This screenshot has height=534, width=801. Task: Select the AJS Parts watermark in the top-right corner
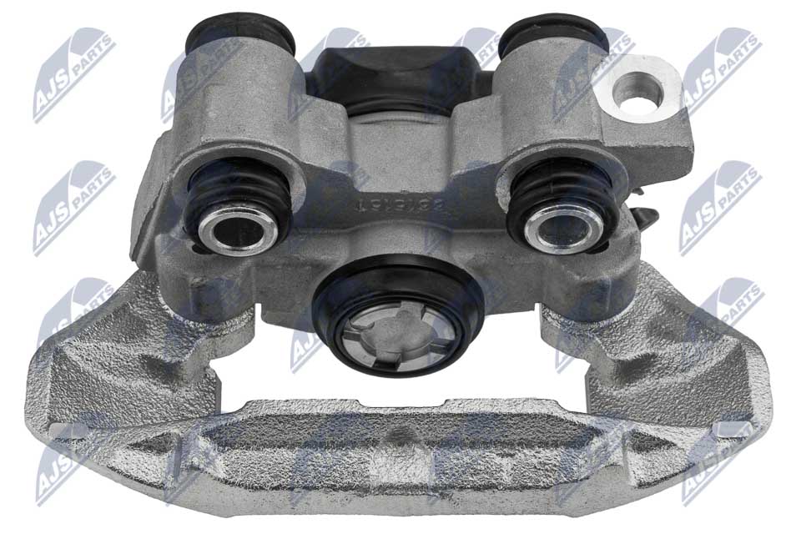click(x=721, y=71)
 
